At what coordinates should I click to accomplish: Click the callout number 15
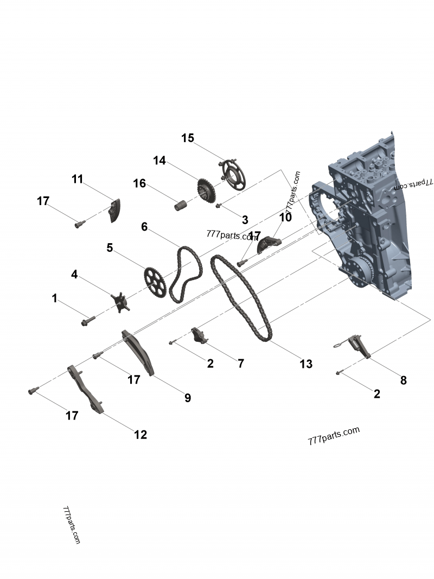coord(188,138)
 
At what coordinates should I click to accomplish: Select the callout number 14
coord(159,161)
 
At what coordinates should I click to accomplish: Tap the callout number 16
coord(140,183)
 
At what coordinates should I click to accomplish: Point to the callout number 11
coord(78,179)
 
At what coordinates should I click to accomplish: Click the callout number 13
coord(306,364)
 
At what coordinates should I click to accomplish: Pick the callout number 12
coord(141,434)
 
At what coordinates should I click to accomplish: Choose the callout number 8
coord(403,380)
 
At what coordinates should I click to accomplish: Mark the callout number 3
coord(245,220)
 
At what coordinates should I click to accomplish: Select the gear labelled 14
coord(205,192)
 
